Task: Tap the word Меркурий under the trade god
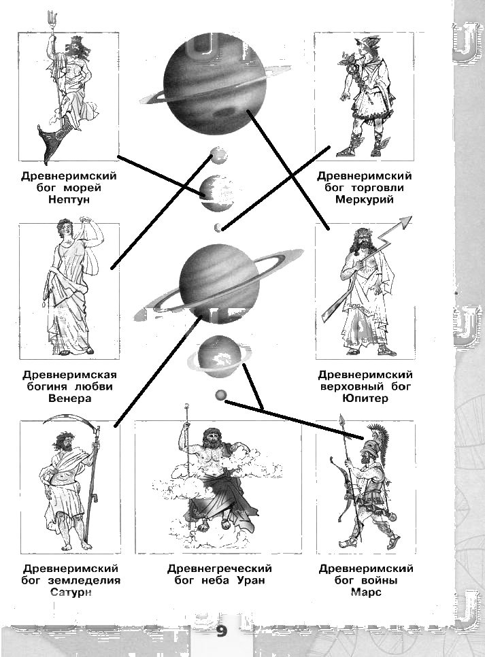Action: [x=365, y=200]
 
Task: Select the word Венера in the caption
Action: [x=69, y=399]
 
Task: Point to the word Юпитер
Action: [x=365, y=399]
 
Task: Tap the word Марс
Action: [x=366, y=592]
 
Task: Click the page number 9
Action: [x=221, y=632]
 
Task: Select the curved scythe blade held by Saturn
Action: [x=65, y=426]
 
